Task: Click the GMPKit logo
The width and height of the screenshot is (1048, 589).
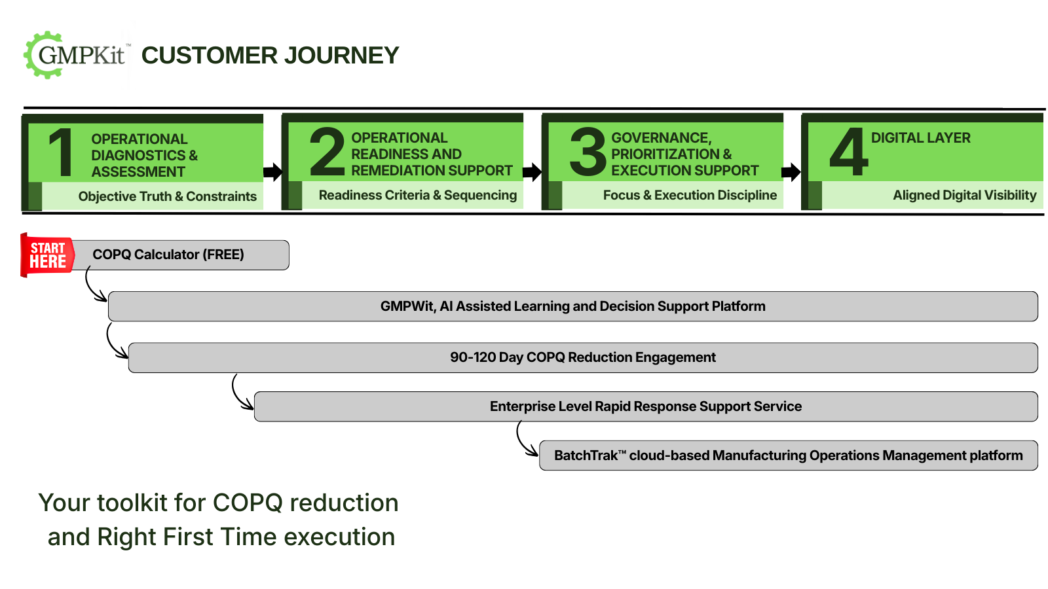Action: (x=77, y=55)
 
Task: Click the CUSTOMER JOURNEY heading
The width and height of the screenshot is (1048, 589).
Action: (x=270, y=56)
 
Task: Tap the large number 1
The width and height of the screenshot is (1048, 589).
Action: (x=61, y=153)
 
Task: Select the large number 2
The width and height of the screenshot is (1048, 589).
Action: (x=326, y=152)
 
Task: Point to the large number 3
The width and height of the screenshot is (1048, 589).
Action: (x=588, y=152)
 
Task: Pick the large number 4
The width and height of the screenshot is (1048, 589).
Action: (x=848, y=152)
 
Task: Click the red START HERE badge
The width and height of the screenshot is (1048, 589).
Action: (x=47, y=255)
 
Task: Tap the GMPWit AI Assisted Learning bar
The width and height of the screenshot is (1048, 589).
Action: (x=572, y=306)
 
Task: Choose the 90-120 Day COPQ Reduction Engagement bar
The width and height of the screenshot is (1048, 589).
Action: (x=582, y=357)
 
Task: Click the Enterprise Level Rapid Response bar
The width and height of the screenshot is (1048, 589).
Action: (x=645, y=406)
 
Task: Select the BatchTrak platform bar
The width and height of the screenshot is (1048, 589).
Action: (x=788, y=455)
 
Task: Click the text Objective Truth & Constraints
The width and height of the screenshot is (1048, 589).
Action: (x=167, y=196)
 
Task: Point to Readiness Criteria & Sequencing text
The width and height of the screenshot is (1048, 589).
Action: (x=417, y=195)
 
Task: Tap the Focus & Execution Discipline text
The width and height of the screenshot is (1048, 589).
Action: (x=690, y=195)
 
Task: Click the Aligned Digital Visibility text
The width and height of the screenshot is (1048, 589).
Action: (x=964, y=195)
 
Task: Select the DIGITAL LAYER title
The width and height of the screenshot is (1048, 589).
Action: (x=920, y=138)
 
